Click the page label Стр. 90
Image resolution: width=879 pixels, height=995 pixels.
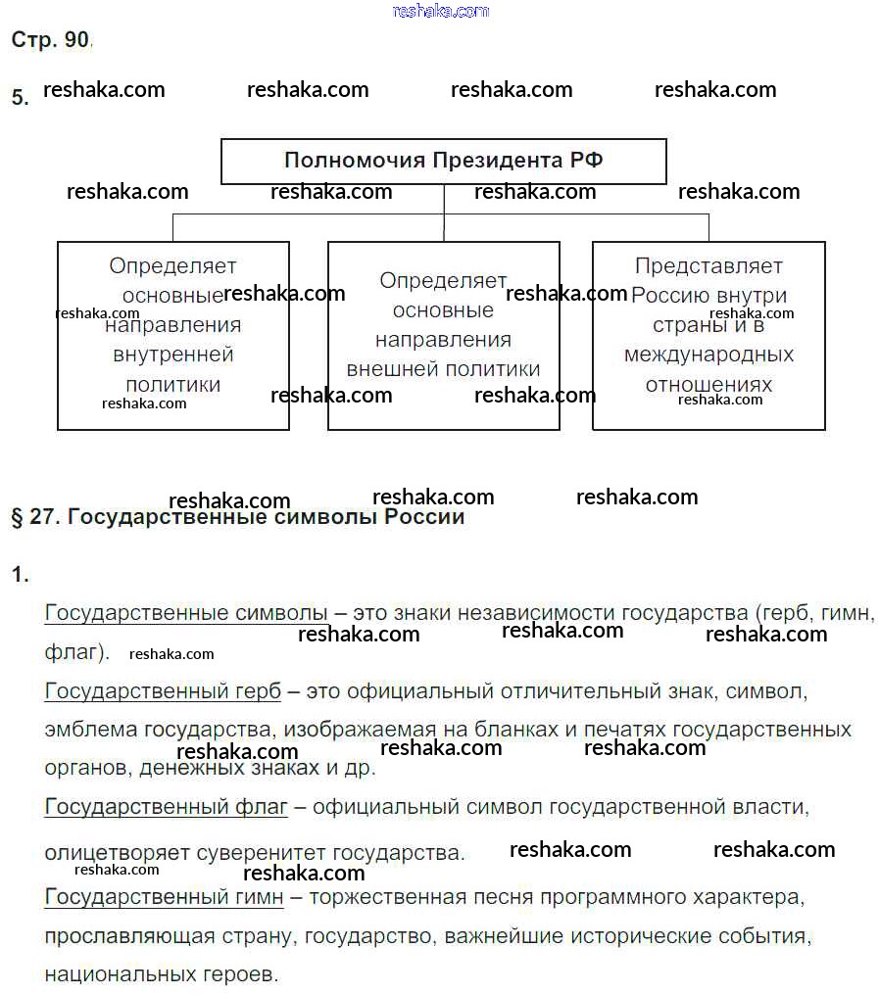click(50, 40)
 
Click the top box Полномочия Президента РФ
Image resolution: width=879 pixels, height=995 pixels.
click(443, 161)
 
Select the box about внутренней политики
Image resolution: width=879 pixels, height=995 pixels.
click(173, 335)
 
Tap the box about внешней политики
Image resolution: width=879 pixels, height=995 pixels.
click(443, 335)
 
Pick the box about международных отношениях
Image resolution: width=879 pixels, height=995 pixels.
click(708, 335)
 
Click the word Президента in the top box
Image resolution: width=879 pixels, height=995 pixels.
click(497, 161)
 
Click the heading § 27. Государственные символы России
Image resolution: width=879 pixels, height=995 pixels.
click(237, 517)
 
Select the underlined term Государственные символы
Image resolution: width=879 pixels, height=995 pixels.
click(186, 613)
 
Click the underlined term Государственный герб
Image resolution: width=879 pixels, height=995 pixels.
click(163, 691)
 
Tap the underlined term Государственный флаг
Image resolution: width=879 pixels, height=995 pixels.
click(166, 808)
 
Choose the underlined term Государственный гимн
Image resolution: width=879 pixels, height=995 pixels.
click(164, 897)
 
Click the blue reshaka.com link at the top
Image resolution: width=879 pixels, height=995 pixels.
click(440, 11)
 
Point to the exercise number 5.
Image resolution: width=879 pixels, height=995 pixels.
click(20, 97)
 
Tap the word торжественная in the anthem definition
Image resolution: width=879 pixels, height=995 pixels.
click(376, 897)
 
